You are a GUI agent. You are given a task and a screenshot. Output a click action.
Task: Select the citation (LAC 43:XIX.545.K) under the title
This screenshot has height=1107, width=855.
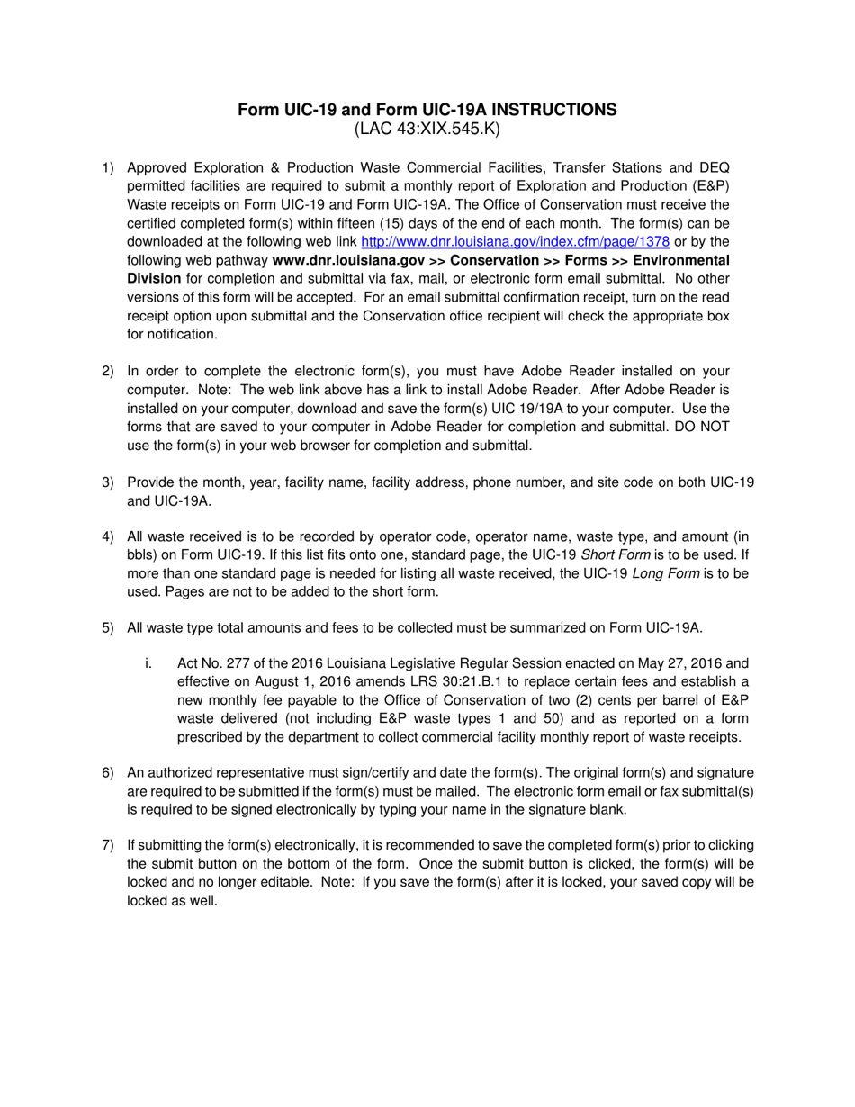click(x=427, y=130)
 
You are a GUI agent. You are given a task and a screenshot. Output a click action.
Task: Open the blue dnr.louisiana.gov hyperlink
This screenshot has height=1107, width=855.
click(x=515, y=241)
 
